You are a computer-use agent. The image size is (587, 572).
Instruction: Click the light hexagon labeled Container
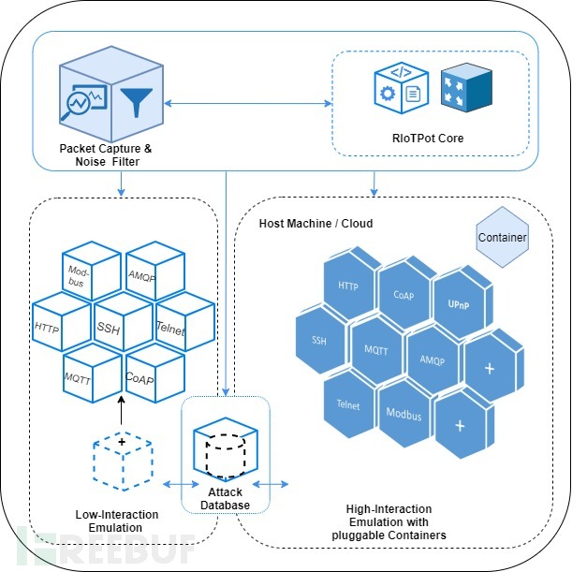[503, 236]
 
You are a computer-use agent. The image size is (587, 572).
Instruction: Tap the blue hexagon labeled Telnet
[348, 404]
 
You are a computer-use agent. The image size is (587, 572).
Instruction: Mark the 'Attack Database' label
[224, 499]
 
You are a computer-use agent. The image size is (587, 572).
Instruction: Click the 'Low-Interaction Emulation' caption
[117, 521]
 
